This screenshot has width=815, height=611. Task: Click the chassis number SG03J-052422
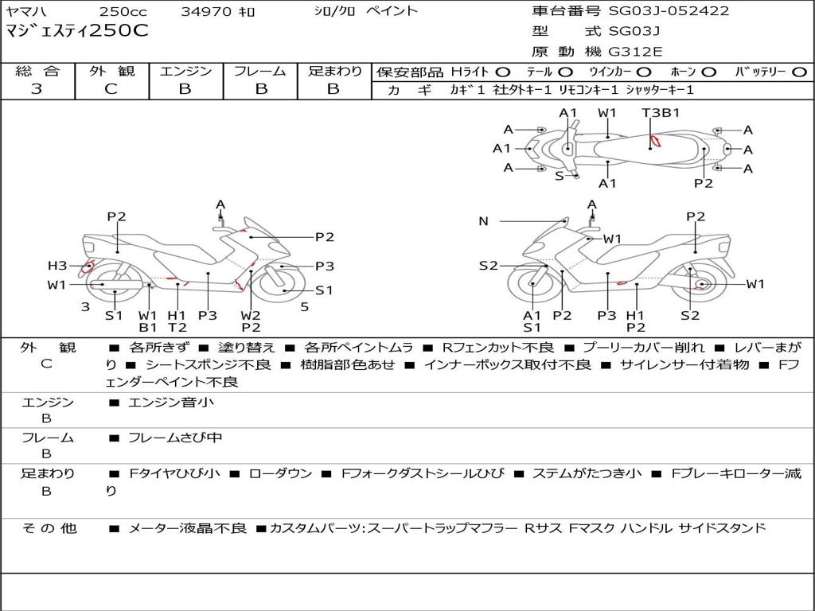(669, 11)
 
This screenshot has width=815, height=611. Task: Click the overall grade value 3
(37, 89)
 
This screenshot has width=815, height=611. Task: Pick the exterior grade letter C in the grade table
(111, 89)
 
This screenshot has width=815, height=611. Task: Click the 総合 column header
(37, 72)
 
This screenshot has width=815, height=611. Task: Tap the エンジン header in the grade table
(185, 72)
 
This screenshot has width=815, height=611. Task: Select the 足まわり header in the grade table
(334, 72)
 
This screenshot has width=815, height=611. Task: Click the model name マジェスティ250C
(76, 32)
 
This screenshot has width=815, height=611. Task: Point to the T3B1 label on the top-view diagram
(661, 113)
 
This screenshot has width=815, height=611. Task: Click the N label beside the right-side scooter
(483, 221)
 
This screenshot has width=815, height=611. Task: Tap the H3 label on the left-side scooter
(57, 266)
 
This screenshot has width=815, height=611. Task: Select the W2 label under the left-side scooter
(251, 315)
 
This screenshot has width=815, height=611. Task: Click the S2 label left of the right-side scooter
(488, 266)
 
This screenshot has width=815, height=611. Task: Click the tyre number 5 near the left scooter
(304, 306)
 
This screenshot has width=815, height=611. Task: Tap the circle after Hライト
(503, 72)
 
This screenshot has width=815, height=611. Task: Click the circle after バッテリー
(799, 72)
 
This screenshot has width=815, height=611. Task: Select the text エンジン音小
(171, 403)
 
